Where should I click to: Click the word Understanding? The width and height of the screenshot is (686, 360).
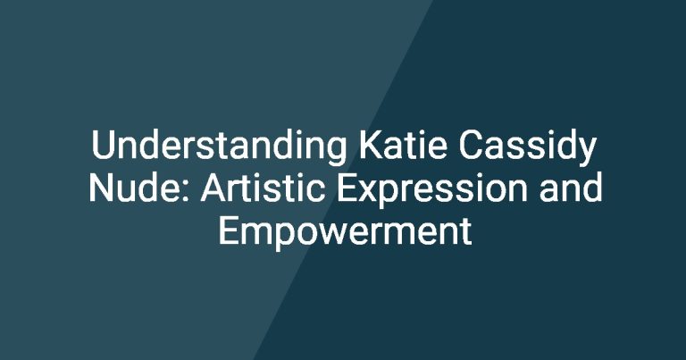click(219, 147)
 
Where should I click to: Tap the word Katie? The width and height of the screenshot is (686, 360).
click(403, 145)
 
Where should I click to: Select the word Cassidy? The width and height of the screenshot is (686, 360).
click(527, 147)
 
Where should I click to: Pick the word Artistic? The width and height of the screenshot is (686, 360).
click(263, 188)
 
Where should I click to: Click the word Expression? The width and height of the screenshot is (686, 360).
click(432, 190)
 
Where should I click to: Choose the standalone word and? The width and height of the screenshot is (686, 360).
click(571, 188)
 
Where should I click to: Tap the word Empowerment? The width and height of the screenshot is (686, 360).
click(345, 231)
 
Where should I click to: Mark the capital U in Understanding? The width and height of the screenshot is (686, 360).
click(104, 146)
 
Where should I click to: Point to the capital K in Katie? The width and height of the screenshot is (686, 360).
click(372, 146)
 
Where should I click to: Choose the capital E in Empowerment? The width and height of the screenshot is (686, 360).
click(229, 230)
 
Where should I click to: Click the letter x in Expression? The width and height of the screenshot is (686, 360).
click(370, 191)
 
